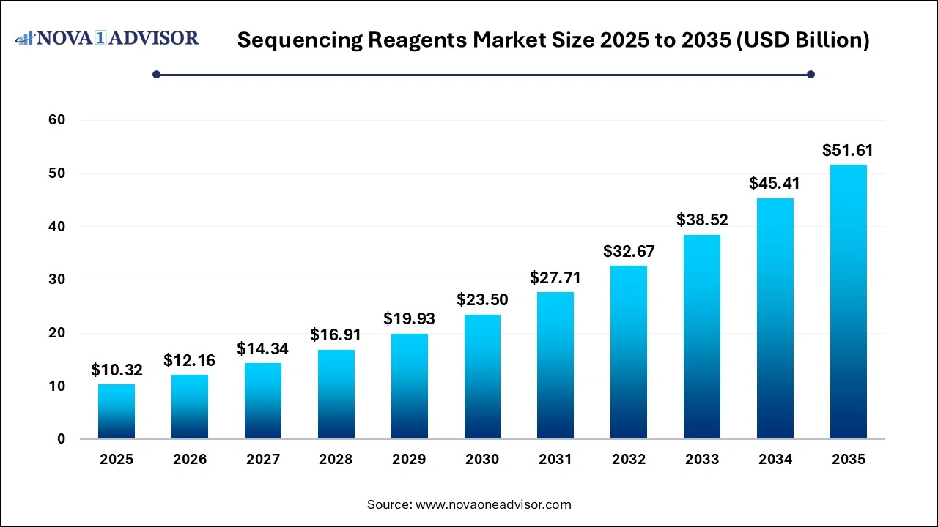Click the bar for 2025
[117, 411]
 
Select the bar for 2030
[482, 377]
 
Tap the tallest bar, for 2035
[849, 302]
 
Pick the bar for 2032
[629, 352]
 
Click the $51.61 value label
[848, 151]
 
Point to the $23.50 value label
[482, 299]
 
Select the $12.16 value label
[189, 360]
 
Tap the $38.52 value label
[702, 220]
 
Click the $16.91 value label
[336, 334]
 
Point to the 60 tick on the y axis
[57, 120]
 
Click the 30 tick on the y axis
[57, 280]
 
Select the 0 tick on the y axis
[62, 439]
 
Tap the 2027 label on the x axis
[262, 460]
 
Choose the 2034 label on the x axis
[775, 460]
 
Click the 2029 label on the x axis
[409, 460]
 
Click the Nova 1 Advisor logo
[107, 38]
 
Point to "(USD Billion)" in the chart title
[804, 40]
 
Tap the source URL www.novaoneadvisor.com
[492, 504]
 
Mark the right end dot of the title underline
[810, 74]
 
